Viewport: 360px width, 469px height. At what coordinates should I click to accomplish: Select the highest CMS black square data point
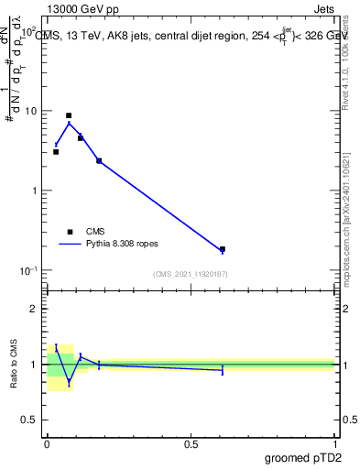tap(69, 115)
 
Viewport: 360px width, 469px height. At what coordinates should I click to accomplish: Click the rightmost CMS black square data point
tap(223, 248)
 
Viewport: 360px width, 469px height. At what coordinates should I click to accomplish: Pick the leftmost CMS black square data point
tap(56, 152)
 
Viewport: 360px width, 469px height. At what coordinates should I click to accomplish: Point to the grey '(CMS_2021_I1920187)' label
tap(191, 274)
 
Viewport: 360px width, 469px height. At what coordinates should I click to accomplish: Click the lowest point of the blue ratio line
tap(69, 381)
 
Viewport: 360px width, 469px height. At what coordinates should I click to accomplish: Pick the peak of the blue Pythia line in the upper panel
tap(69, 123)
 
